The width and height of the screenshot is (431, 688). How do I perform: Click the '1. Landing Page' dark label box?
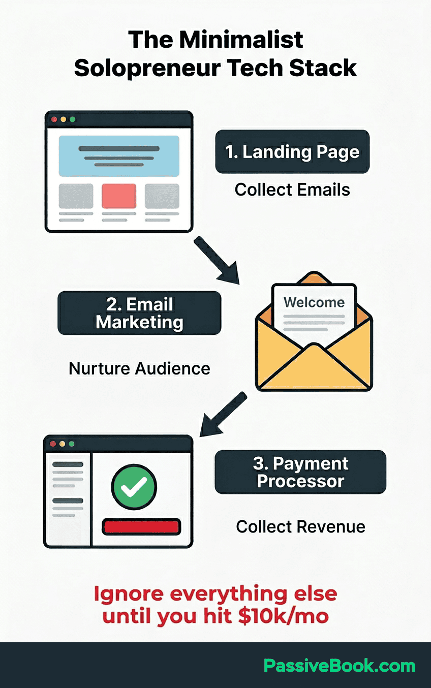[x=292, y=151]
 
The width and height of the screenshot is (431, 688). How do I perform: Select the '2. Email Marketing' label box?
[x=139, y=312]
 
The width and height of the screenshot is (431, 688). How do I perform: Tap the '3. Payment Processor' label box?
[x=300, y=472]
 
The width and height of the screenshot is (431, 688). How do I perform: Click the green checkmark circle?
[x=134, y=487]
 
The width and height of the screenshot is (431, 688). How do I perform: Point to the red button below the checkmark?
[x=141, y=527]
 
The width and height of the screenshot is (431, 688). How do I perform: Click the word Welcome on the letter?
[x=314, y=302]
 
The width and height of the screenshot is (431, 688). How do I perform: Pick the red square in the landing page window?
[x=119, y=196]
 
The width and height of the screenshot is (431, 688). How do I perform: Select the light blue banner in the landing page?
[x=119, y=156]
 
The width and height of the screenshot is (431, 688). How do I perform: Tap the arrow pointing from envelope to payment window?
[x=223, y=414]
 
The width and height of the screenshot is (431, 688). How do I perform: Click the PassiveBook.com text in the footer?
[x=340, y=666]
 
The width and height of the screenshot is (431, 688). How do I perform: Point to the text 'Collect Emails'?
[x=292, y=190]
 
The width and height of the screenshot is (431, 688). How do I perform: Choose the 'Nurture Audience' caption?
[x=139, y=368]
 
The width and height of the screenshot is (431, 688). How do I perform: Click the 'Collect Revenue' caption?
[x=300, y=527]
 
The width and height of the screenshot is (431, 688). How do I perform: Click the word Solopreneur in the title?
[x=147, y=69]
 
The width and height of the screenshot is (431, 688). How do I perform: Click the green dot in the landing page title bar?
[x=73, y=119]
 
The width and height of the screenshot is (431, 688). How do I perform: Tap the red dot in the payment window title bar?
[x=53, y=444]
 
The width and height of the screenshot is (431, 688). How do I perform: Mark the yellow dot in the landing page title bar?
[x=64, y=119]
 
